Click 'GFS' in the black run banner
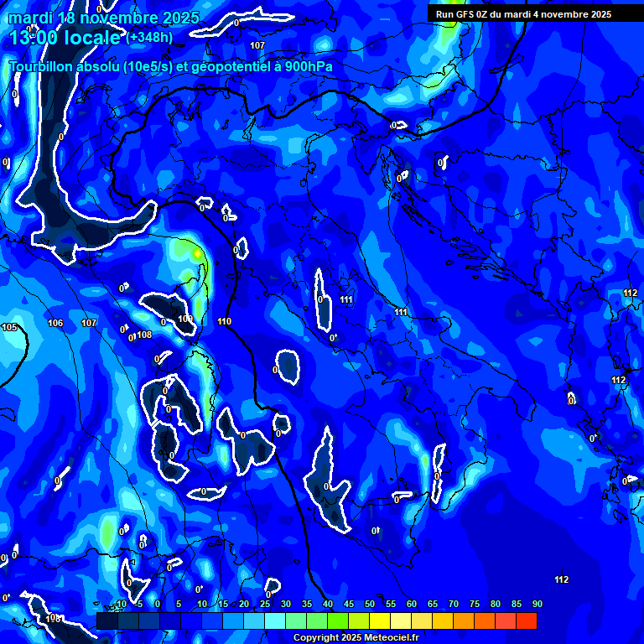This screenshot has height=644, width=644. (469, 14)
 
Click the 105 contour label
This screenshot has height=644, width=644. (9, 327)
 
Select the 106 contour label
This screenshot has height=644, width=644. (55, 323)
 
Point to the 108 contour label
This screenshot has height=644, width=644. (144, 335)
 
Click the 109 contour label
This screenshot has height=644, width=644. (185, 319)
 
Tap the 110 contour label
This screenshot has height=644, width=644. (224, 321)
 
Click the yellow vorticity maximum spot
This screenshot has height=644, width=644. (197, 252)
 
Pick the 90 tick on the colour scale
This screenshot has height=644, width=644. (538, 604)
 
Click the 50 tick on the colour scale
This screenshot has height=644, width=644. (370, 604)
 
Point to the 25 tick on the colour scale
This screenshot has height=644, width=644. (265, 604)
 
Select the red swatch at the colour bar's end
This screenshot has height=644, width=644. (527, 621)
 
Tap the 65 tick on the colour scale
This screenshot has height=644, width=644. (433, 604)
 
